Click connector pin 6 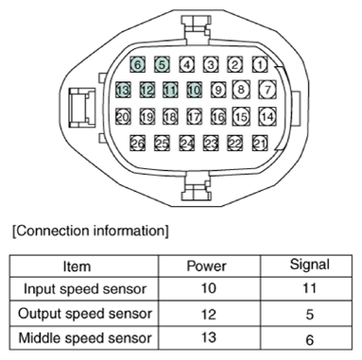point(138,65)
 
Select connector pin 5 point(163,65)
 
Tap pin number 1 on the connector point(260,65)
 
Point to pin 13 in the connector point(123,91)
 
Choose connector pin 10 point(195,91)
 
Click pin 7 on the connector point(267,91)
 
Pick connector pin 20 point(123,117)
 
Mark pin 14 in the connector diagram point(267,116)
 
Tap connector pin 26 point(138,143)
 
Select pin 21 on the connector point(260,143)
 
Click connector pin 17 point(195,117)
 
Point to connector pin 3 point(211,65)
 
